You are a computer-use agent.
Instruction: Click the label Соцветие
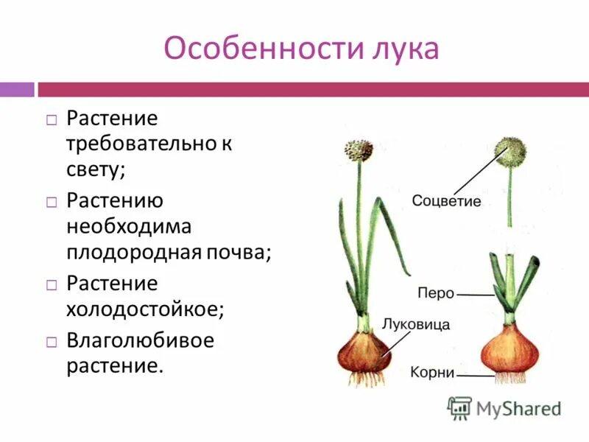click(446, 201)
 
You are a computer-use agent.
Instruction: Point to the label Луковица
click(416, 323)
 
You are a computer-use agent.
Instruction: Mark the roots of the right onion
click(510, 377)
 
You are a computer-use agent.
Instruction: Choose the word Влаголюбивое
click(140, 341)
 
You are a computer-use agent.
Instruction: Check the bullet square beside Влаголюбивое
click(51, 342)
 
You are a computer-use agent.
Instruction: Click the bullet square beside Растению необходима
click(51, 201)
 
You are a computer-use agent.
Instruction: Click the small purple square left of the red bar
click(17, 89)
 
